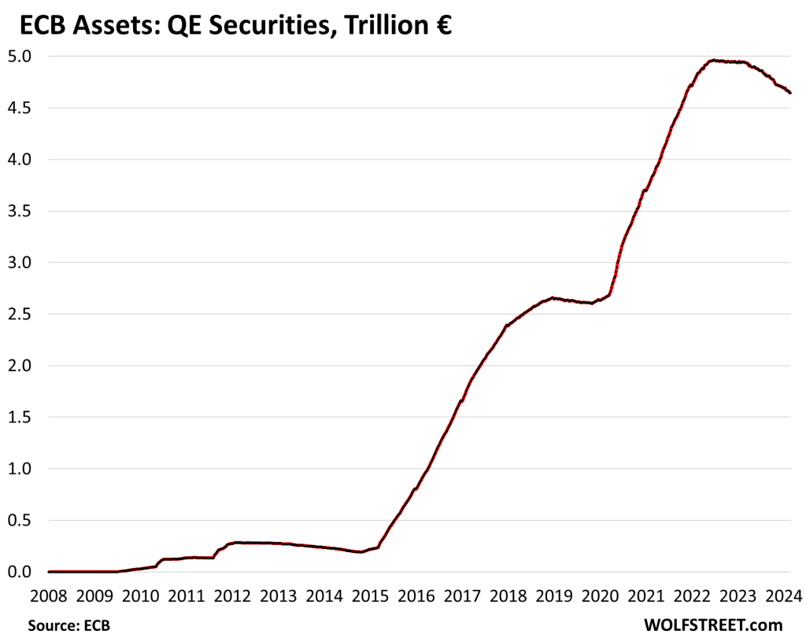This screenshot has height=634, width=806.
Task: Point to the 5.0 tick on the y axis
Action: coord(20,57)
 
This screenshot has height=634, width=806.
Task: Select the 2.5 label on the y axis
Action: coord(20,314)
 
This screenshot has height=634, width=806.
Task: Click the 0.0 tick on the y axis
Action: coord(20,572)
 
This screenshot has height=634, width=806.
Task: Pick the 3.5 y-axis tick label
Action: coord(20,211)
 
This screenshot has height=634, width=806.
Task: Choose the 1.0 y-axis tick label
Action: coord(20,469)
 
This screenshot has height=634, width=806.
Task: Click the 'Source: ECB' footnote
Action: coord(69,625)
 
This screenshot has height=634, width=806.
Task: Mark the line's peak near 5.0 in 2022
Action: coord(712,60)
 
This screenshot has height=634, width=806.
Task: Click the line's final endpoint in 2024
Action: coord(790,94)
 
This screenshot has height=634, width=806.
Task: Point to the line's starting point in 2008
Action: coord(49,572)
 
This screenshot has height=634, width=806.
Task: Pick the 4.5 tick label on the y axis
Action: coord(20,108)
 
